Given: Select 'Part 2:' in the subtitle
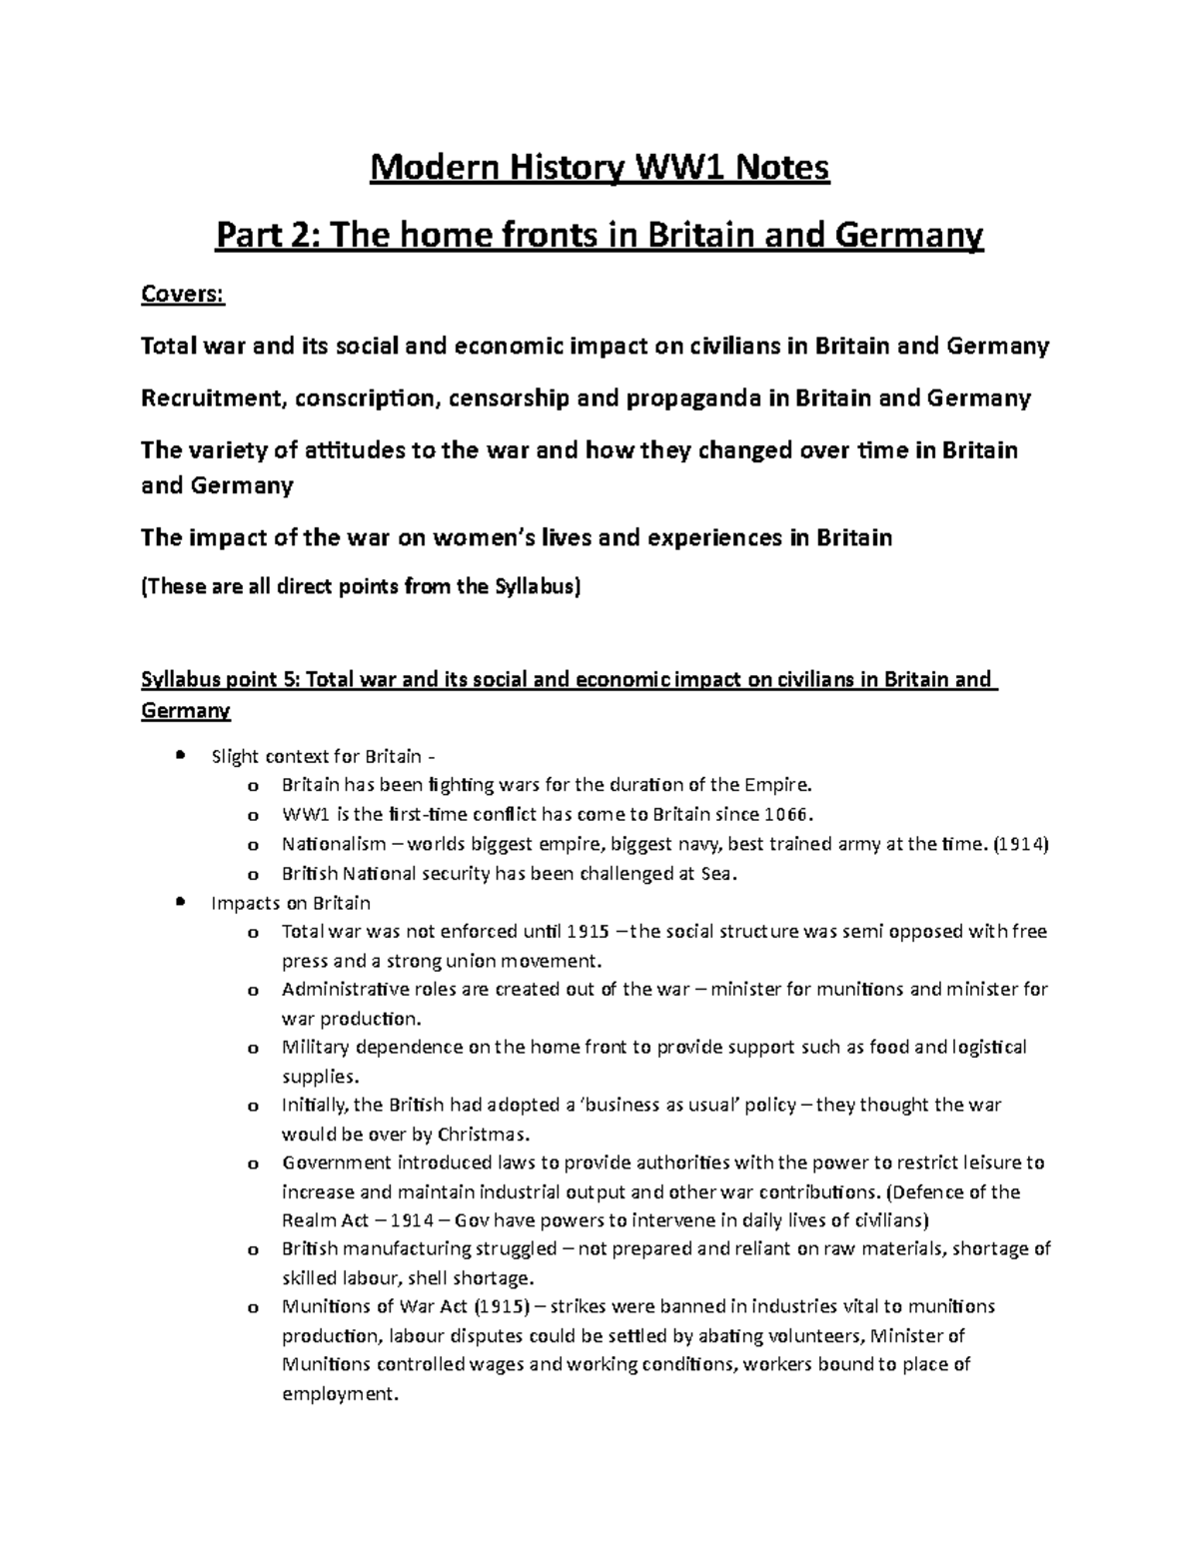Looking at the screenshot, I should [x=267, y=237].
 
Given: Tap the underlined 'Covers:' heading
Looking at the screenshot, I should [x=184, y=295].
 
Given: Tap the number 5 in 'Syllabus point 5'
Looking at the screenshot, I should [x=291, y=680].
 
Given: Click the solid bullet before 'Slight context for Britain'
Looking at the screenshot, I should [x=180, y=755].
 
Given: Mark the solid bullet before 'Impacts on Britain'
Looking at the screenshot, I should [x=180, y=902].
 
